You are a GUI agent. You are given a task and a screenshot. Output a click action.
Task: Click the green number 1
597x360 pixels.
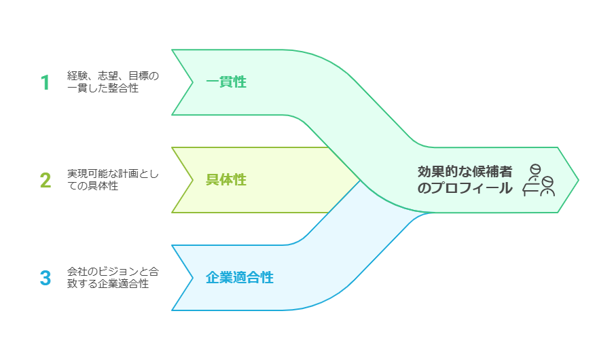[46, 82]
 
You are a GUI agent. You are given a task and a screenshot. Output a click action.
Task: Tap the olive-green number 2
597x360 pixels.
[46, 180]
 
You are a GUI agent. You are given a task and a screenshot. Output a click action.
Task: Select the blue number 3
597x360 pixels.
[46, 278]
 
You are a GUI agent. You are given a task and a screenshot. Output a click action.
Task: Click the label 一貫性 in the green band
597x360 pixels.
[225, 82]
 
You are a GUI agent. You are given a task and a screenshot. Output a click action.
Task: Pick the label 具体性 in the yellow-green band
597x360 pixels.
[225, 180]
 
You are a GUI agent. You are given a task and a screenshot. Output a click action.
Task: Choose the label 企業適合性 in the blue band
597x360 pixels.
[239, 278]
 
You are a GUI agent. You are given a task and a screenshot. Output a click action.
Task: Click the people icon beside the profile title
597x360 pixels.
[539, 180]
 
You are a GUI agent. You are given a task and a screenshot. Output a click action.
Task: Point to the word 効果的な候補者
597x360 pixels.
[465, 171]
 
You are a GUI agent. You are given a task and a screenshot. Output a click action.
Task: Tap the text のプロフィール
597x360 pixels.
[465, 189]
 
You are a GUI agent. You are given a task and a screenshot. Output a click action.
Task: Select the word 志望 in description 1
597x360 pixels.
[107, 76]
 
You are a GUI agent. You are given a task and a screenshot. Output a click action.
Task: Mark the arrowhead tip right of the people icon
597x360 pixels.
[577, 180]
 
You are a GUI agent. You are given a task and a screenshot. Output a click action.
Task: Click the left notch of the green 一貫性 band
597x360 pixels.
[187, 82]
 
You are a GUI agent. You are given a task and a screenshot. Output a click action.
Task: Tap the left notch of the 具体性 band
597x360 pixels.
[187, 180]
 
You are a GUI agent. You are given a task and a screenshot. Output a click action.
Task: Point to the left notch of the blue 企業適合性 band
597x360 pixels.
[187, 278]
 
